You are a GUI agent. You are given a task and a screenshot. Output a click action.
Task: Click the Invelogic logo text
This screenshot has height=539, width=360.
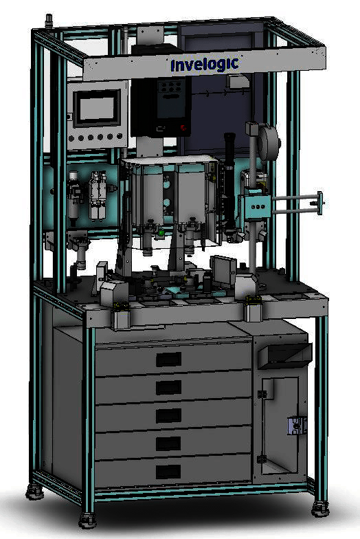point(205,65)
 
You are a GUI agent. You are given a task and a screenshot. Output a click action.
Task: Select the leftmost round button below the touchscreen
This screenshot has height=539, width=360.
point(71,139)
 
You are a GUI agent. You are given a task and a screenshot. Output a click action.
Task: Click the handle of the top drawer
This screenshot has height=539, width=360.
point(169,360)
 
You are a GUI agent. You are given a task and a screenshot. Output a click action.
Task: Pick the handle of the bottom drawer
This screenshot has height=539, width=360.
point(169,472)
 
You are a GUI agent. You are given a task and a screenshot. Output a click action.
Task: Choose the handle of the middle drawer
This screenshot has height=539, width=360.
point(169,415)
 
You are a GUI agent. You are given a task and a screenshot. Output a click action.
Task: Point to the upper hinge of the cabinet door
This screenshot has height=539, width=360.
point(262,395)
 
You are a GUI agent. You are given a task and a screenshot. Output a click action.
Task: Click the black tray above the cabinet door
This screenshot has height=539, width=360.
point(284,357)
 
